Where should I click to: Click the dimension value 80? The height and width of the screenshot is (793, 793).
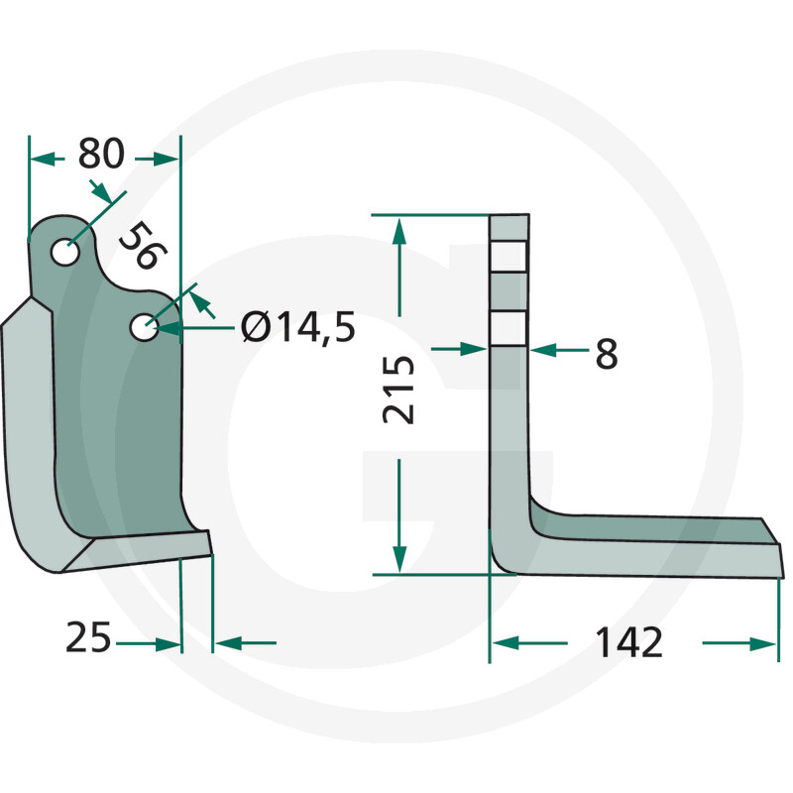(x=101, y=156)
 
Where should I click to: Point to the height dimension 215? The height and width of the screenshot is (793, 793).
(x=398, y=391)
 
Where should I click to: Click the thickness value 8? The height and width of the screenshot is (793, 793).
(x=606, y=353)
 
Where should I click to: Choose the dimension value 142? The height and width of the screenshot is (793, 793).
(x=628, y=643)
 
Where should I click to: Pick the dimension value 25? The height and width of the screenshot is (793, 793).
(x=87, y=638)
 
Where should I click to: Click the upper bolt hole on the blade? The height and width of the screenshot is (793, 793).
(x=66, y=252)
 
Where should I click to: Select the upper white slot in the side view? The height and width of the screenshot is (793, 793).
(x=510, y=258)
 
